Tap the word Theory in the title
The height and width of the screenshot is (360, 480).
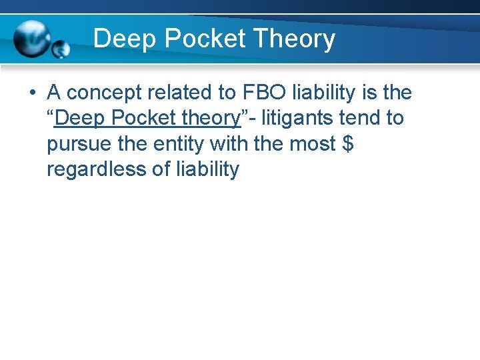(x=294, y=39)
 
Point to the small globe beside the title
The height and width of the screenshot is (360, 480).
(x=61, y=49)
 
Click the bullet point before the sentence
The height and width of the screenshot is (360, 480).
(x=32, y=93)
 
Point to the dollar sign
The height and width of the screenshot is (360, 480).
(x=347, y=143)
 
